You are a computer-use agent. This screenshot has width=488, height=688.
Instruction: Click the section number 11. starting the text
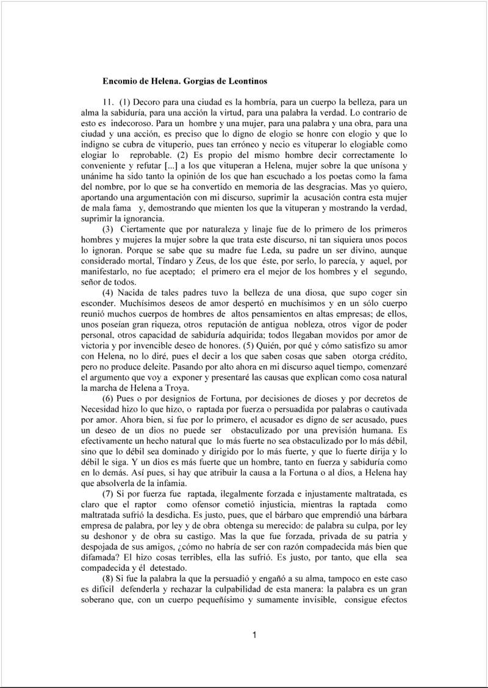tap(110, 100)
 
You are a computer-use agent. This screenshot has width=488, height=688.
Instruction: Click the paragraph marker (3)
tap(109, 229)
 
